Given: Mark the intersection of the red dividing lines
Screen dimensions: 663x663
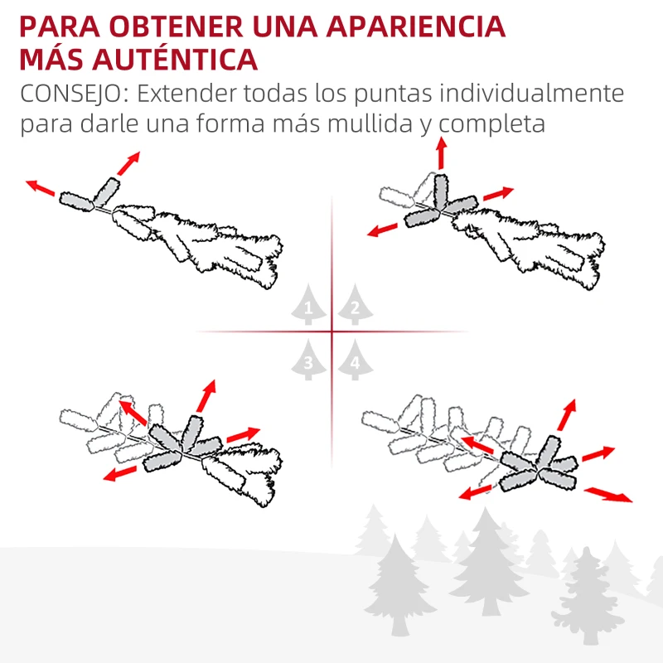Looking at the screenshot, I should tap(331, 332).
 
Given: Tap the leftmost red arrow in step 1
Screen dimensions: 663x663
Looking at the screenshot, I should tap(40, 188).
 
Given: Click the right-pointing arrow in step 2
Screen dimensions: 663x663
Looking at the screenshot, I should tap(498, 195).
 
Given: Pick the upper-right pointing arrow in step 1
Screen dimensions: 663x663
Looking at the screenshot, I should tap(128, 162).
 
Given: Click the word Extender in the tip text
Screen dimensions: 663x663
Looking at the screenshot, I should tap(182, 93).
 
